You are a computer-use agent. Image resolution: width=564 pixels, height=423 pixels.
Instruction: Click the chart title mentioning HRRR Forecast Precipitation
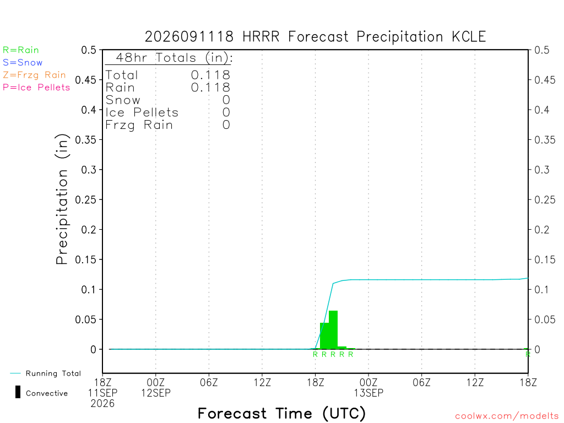(315, 37)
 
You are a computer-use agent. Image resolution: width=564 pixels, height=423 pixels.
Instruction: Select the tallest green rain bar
(333, 330)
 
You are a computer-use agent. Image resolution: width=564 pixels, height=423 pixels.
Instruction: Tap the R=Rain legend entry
(21, 50)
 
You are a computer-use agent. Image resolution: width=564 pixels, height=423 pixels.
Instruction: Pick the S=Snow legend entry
(23, 63)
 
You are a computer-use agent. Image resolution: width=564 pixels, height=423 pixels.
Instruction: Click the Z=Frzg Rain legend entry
(34, 75)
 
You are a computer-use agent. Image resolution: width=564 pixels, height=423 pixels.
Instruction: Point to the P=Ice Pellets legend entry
(36, 88)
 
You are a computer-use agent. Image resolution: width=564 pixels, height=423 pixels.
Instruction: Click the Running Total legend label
(53, 373)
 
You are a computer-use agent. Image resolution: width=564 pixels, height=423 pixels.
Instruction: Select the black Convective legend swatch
(18, 392)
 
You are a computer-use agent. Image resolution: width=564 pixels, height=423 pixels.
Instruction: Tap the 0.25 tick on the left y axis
(86, 199)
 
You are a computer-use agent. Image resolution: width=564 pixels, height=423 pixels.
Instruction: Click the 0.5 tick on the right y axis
(542, 50)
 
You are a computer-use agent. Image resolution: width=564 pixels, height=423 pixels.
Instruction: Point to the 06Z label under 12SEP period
(209, 382)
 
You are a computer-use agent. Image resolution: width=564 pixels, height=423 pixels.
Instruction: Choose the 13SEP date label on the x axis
(368, 393)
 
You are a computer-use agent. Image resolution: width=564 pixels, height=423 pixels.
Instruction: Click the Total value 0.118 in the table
(210, 75)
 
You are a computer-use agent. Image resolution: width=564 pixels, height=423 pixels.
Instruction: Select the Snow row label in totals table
(123, 100)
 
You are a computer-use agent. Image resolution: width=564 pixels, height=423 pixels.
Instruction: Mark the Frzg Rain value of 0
(226, 125)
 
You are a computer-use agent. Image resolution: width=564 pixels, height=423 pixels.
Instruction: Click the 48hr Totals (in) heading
(174, 57)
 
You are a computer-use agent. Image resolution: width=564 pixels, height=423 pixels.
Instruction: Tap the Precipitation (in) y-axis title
(62, 199)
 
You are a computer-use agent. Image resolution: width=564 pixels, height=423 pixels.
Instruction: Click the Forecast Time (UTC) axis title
(281, 414)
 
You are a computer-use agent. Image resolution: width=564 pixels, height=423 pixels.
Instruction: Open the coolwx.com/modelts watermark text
(507, 416)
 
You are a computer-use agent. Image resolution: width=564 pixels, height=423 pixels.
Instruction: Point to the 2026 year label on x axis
(102, 404)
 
